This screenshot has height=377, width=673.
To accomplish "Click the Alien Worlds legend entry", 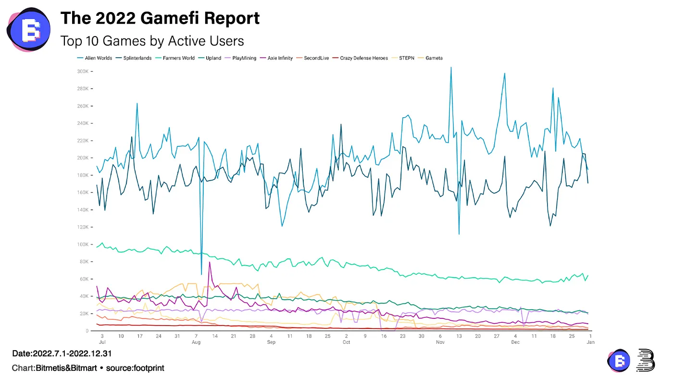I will (x=98, y=58).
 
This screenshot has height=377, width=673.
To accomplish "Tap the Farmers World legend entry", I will (x=178, y=58).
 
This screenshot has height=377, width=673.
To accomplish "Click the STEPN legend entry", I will (x=407, y=58).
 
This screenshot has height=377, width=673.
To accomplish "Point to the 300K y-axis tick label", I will (x=83, y=71).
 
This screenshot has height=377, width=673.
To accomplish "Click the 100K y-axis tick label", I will (x=83, y=244).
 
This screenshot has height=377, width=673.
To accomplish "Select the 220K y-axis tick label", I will (x=83, y=141).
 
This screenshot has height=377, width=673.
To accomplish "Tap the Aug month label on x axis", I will (x=196, y=342).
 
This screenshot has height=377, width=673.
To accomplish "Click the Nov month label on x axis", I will (x=440, y=342).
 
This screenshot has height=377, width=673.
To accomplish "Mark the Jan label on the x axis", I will (x=590, y=342).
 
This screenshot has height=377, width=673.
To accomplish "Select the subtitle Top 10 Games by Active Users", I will (x=152, y=41).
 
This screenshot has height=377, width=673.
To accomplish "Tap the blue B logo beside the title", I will (x=28, y=29).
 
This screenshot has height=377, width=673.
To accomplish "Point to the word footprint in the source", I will (x=148, y=368).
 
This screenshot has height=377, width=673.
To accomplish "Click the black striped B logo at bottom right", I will (x=645, y=360).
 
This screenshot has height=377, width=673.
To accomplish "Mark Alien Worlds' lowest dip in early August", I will (x=201, y=274).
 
